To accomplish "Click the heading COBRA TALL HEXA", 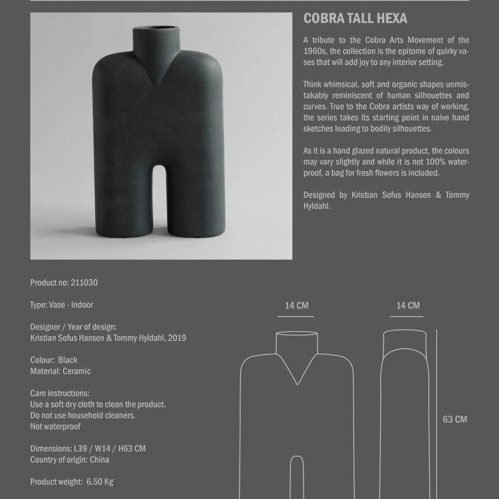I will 355,19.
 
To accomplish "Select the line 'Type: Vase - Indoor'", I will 61,305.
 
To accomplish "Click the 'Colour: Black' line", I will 54,360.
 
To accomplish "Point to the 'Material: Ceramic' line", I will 60,371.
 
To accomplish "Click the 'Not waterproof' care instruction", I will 56,427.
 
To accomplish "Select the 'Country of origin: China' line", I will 70,460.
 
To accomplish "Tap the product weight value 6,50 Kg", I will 100,482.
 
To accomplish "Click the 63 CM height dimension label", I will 455,419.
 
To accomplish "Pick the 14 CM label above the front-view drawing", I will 297,306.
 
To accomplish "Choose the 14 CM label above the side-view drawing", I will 408,306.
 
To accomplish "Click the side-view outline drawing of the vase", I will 406,414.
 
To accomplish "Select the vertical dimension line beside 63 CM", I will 437,414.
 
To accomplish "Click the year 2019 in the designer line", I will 176,338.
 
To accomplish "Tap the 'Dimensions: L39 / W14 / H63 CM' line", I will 88,448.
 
